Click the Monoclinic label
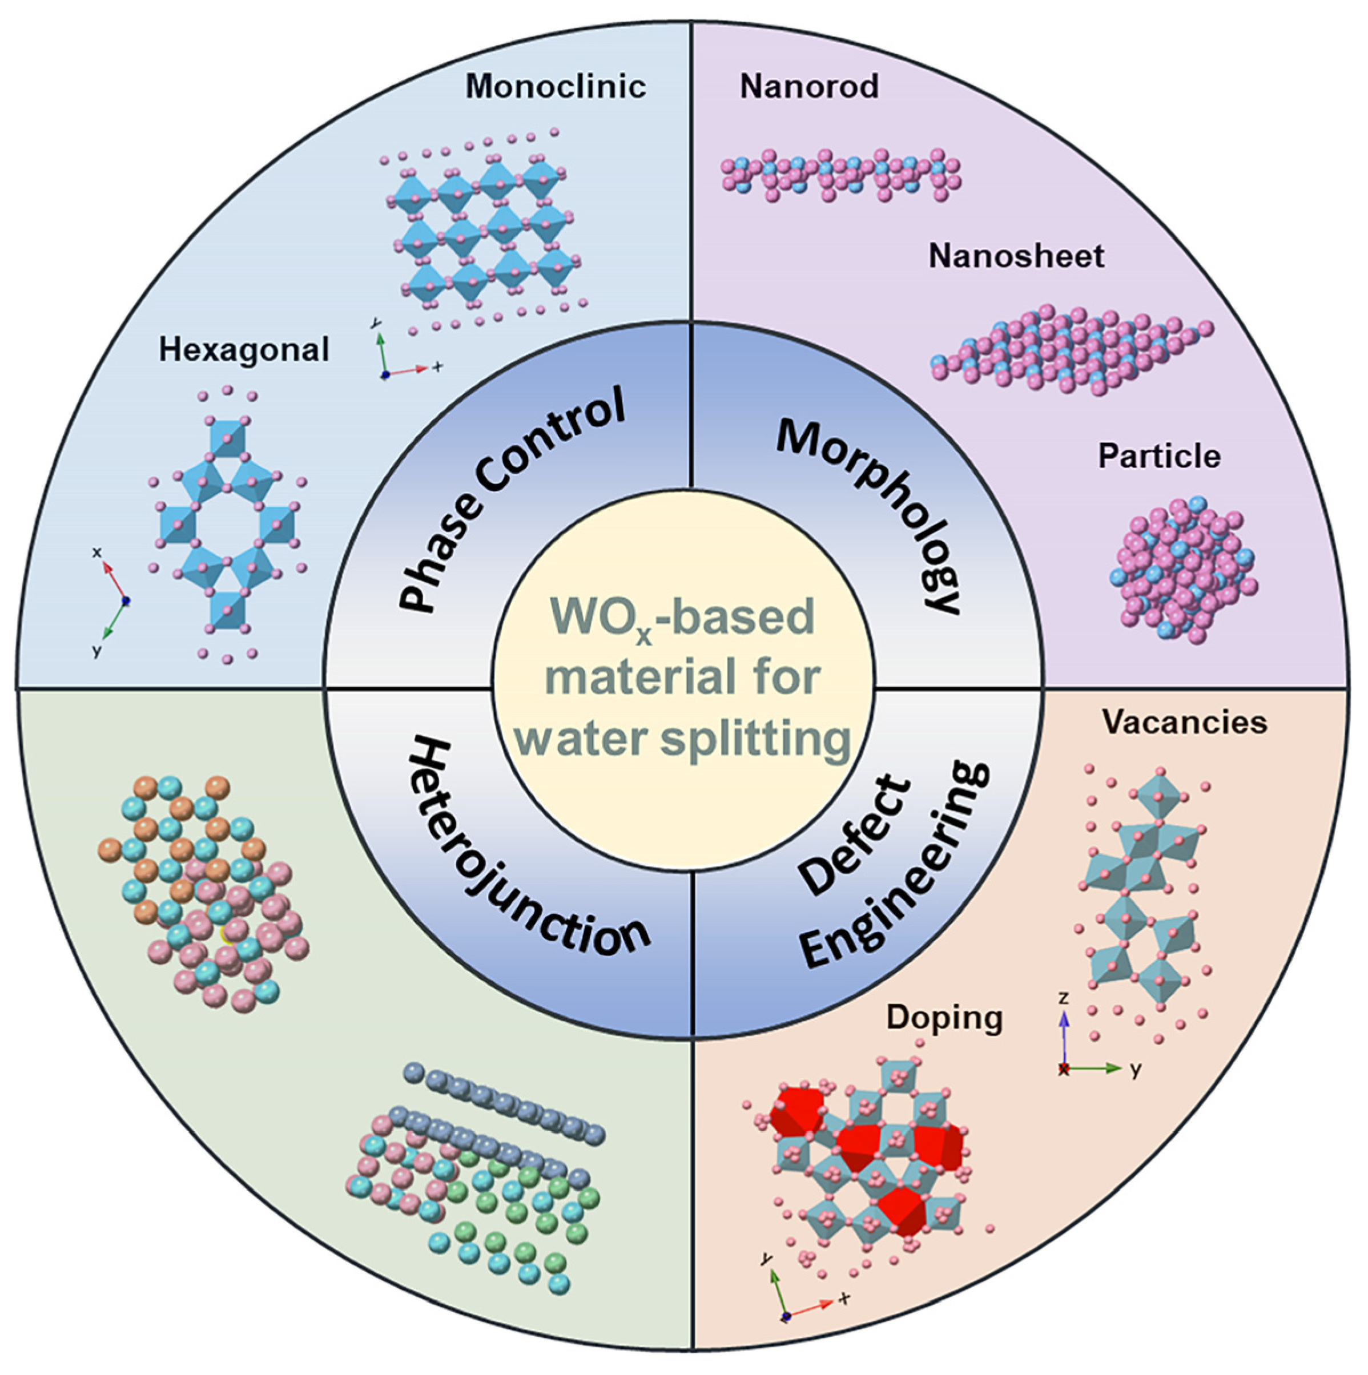(x=555, y=87)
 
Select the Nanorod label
(x=809, y=87)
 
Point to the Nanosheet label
(x=1016, y=256)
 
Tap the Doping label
(x=944, y=1018)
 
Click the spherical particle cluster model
(x=1181, y=570)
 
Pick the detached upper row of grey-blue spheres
(x=498, y=1099)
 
